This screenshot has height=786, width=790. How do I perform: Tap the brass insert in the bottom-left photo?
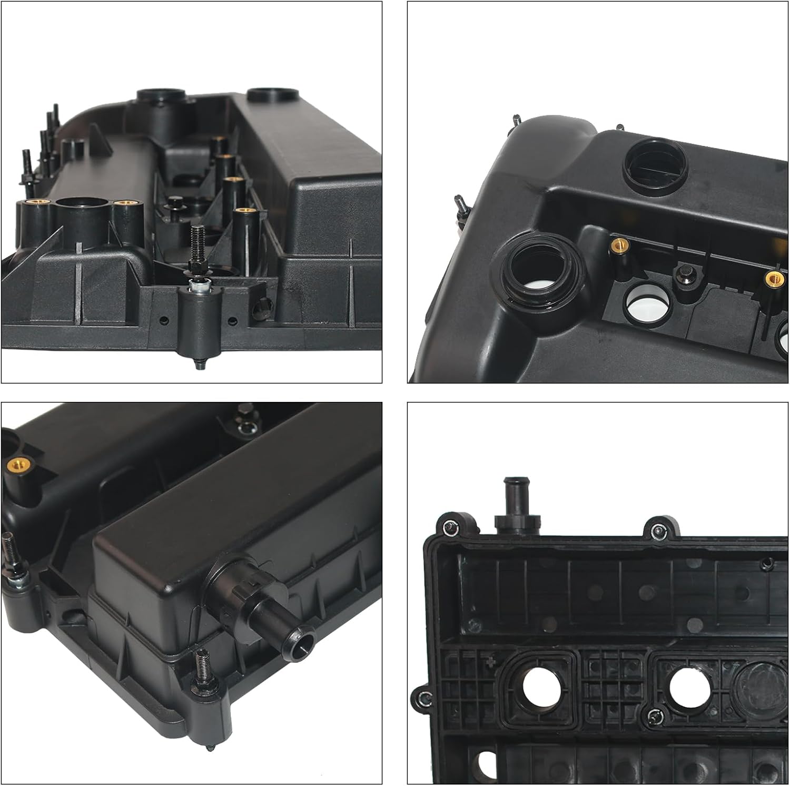16,465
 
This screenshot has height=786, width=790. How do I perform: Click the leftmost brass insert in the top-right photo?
617,244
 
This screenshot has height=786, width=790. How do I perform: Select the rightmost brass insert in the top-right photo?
773,278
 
